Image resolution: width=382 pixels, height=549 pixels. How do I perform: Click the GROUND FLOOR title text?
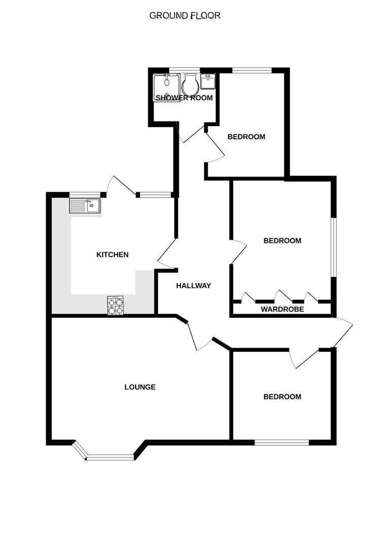185,16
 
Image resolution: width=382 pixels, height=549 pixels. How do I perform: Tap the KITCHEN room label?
112,255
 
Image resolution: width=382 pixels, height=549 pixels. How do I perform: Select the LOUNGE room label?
140,387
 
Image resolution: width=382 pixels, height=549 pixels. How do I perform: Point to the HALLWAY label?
193,286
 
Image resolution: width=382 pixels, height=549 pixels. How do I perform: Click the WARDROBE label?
282,309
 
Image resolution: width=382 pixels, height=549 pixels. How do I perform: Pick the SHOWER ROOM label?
184,98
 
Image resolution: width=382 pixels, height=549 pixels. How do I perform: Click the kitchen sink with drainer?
85,205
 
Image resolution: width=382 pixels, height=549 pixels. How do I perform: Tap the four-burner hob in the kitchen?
115,306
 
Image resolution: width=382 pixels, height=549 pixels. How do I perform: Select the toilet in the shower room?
190,84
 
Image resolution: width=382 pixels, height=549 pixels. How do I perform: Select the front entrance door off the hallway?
341,332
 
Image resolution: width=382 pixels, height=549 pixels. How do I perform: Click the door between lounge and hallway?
197,335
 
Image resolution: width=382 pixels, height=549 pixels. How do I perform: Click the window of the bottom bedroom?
281,442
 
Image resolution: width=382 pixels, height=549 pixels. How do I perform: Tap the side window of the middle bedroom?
333,248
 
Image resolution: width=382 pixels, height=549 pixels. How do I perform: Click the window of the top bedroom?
251,70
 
